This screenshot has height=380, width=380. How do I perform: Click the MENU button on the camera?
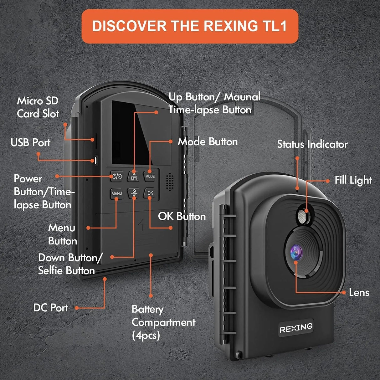point(116,193)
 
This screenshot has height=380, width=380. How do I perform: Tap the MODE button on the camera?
point(150,176)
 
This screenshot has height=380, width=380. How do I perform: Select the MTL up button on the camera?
point(134,177)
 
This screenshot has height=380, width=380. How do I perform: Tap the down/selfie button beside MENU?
point(134,193)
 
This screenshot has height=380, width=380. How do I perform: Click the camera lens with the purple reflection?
point(296,251)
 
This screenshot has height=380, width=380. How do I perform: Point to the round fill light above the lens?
point(302,217)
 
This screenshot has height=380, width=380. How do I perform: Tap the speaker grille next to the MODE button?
point(169,182)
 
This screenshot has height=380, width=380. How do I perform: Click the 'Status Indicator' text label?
point(312,144)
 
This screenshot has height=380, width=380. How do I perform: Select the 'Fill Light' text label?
point(353,180)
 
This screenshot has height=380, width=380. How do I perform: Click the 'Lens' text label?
point(359,293)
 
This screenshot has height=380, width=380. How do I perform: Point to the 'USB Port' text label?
point(30,143)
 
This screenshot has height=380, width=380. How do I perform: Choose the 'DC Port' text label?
point(50,308)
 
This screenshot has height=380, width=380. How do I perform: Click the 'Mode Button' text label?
point(208,142)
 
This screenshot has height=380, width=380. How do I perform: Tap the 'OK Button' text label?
point(182,216)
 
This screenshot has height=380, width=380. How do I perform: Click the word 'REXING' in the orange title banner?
point(229,26)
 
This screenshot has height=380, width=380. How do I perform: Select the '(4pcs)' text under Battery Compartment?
point(146,336)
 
